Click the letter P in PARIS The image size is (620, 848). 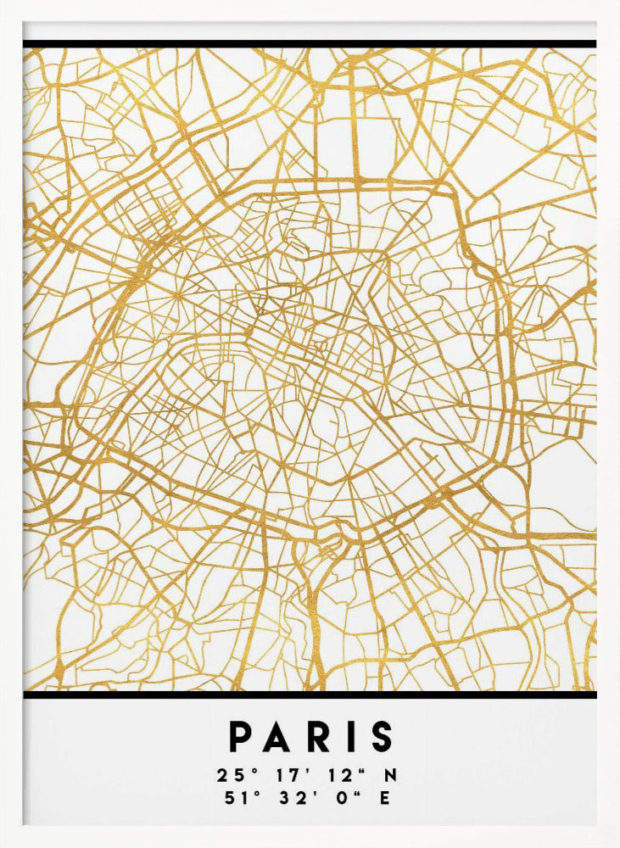tap(242, 737)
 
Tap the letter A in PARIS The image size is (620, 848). tap(280, 737)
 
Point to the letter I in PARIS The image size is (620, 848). tap(351, 737)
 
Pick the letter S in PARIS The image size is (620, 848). tap(382, 737)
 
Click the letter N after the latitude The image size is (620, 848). tap(391, 775)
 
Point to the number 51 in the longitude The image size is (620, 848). tap(229, 798)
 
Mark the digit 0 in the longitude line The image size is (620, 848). tap(341, 798)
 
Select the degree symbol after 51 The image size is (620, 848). tap(247, 793)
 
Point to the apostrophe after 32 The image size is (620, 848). tap(305, 793)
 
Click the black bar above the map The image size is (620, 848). tap(310, 43)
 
